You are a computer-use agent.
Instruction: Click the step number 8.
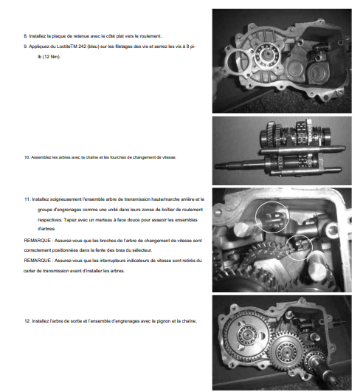[26, 36]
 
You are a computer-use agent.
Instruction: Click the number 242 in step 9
[82, 47]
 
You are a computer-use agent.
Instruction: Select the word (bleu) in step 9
[94, 47]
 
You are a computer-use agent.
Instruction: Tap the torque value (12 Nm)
[52, 57]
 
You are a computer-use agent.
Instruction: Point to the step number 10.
[27, 157]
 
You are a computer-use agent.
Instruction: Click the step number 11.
[27, 199]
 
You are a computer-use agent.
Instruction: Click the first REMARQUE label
[37, 241]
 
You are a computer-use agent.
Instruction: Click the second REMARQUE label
[37, 261]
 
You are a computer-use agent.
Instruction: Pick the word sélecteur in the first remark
[142, 250]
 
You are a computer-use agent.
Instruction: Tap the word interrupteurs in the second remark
[111, 261]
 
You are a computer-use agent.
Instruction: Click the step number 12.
[27, 321]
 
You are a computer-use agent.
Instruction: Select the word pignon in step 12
[163, 321]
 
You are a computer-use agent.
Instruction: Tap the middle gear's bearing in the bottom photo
[286, 351]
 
